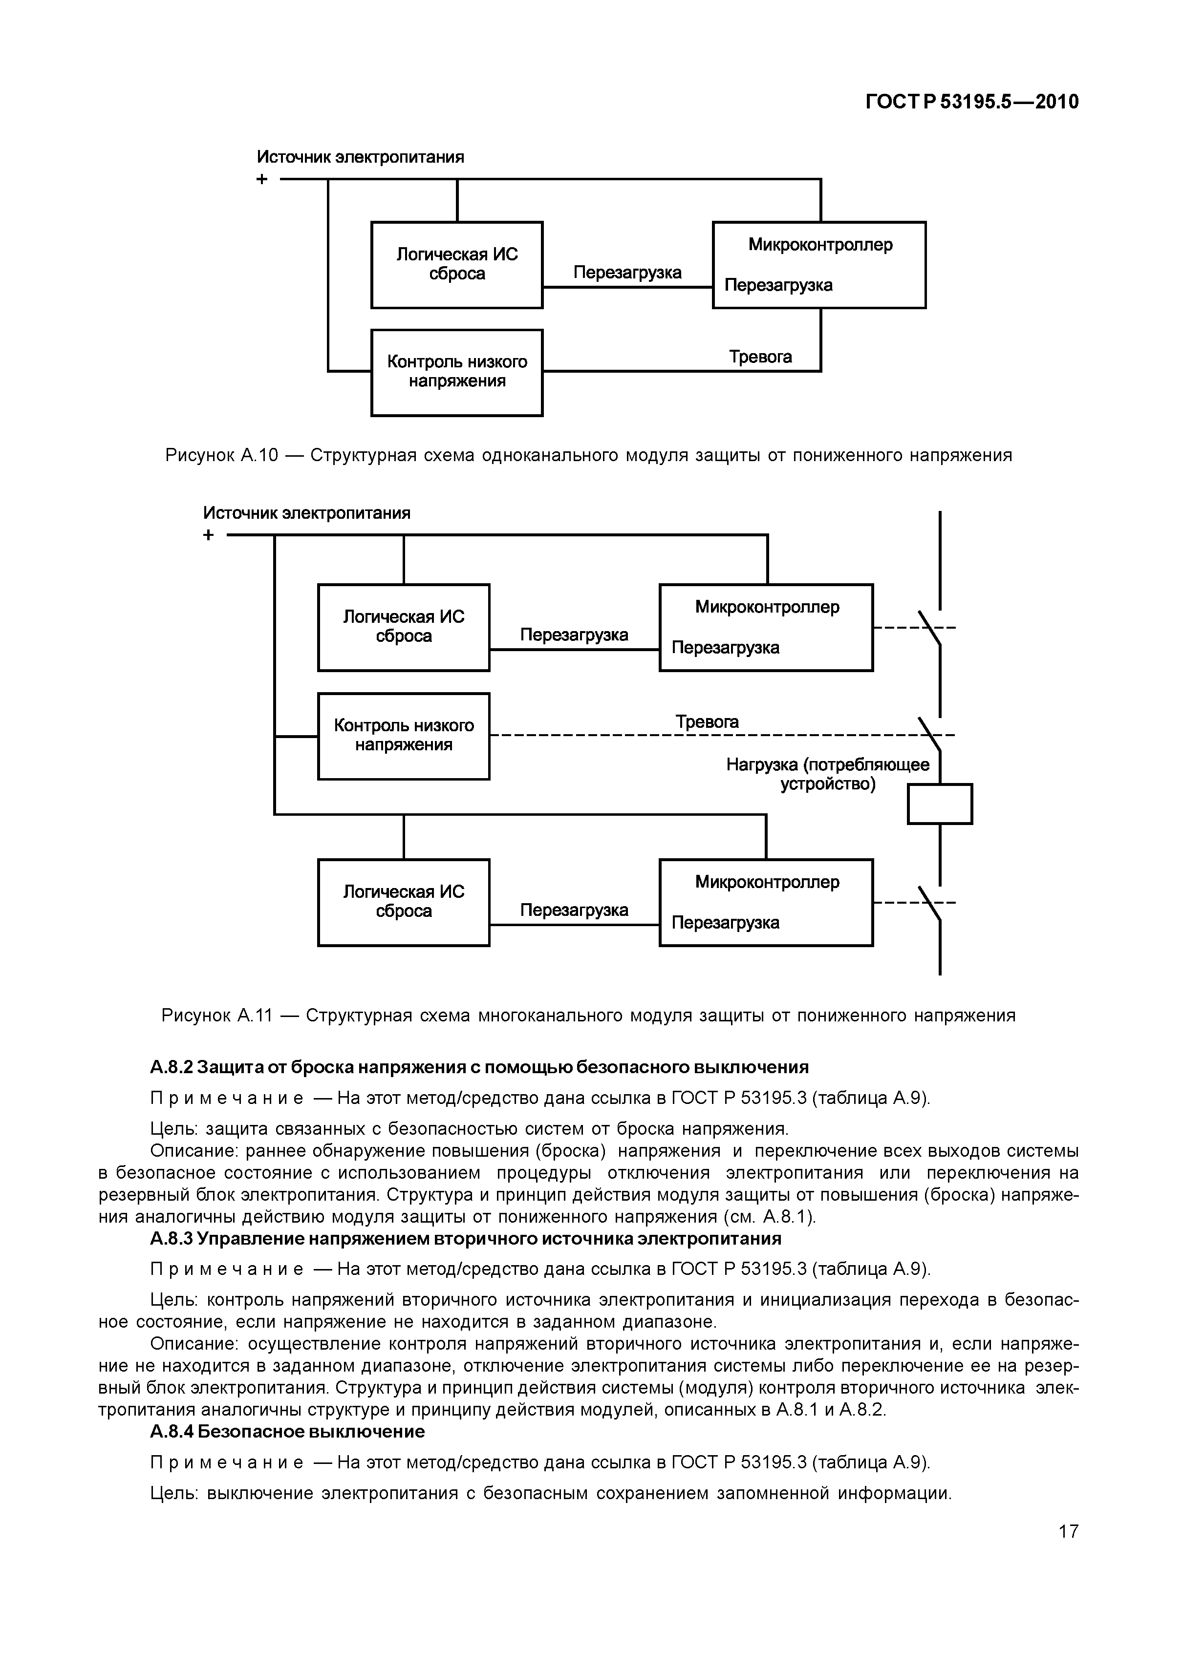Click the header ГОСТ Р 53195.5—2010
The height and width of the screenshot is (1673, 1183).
[x=971, y=102]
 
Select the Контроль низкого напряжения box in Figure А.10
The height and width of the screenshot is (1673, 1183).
[x=457, y=372]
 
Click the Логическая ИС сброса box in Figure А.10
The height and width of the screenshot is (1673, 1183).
[x=457, y=264]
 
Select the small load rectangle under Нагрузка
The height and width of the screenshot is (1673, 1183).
[x=940, y=804]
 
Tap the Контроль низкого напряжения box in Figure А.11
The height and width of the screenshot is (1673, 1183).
[x=404, y=736]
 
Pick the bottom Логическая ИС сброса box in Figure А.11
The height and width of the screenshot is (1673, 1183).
[x=404, y=902]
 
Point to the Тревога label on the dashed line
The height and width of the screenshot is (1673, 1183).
[x=706, y=721]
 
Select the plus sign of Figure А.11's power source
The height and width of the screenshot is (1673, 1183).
[x=209, y=535]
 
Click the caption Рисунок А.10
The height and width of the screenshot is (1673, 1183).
[x=588, y=455]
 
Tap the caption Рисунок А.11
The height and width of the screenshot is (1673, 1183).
[x=588, y=1015]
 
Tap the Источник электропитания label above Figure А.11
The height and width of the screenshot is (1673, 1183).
[x=306, y=513]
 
